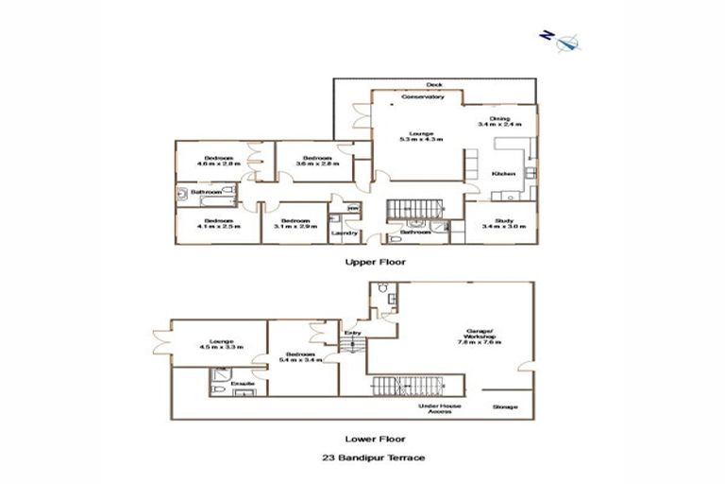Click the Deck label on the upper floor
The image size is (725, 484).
click(434, 84)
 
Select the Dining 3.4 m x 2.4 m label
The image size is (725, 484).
click(499, 121)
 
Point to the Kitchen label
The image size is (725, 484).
click(502, 174)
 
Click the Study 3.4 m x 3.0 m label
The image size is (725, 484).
click(497, 225)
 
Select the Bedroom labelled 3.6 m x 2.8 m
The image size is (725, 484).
click(315, 160)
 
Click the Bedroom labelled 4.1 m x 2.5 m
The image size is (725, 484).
click(219, 223)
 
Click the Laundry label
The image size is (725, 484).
click(344, 233)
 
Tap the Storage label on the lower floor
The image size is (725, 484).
click(505, 407)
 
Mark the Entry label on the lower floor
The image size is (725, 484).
click(353, 332)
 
